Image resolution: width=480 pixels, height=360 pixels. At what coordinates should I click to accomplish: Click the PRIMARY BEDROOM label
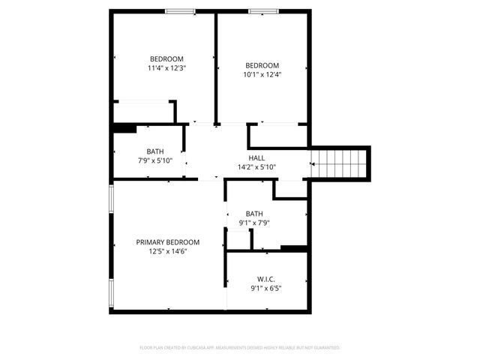tap(167, 242)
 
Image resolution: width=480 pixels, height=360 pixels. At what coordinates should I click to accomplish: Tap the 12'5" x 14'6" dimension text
tap(167, 251)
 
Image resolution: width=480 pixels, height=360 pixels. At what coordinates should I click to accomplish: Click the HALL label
tap(256, 158)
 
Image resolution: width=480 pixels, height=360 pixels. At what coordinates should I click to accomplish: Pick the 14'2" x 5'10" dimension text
tap(256, 167)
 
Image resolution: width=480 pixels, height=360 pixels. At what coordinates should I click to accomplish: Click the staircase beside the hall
tap(340, 162)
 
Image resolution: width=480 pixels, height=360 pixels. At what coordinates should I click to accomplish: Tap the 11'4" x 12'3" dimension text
tap(166, 68)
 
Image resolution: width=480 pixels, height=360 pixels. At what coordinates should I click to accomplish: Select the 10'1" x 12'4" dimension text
tap(262, 74)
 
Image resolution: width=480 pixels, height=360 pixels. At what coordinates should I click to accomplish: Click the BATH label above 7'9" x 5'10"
tap(155, 151)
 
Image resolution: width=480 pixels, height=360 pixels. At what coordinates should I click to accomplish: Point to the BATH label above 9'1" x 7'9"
tap(254, 214)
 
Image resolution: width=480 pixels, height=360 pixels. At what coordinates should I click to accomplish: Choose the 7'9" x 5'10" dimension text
tap(155, 160)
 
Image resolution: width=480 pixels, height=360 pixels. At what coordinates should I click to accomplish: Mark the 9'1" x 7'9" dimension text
tap(254, 223)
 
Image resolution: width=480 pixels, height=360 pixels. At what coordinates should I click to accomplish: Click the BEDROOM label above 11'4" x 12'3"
tap(166, 59)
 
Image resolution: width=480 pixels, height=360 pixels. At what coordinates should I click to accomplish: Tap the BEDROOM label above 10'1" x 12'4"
tap(262, 65)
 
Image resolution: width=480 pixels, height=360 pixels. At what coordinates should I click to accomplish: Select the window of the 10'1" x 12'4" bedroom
tap(261, 11)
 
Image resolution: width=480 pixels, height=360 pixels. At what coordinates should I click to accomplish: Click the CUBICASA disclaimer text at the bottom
tap(240, 348)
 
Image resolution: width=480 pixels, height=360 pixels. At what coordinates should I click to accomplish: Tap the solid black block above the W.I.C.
tap(293, 248)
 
